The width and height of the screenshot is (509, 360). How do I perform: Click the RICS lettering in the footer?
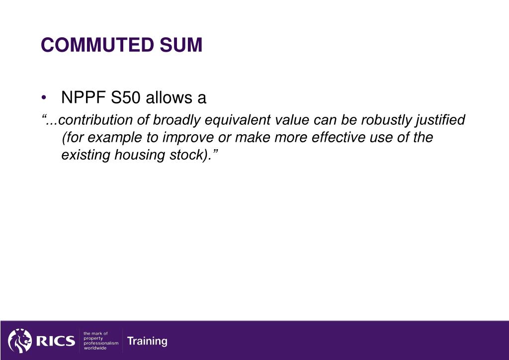click(x=55, y=341)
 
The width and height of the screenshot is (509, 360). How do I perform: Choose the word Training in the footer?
click(x=147, y=341)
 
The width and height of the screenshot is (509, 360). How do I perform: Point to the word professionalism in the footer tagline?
click(x=101, y=343)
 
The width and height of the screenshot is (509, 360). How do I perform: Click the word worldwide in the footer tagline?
click(x=95, y=348)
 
